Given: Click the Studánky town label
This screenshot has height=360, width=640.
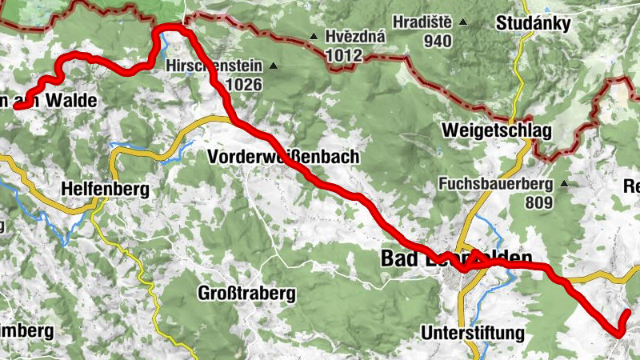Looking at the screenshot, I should coord(533,23).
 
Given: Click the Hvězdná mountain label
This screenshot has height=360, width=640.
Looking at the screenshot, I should coord(355,37).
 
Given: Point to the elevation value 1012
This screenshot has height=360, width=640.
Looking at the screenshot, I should coord(344,55).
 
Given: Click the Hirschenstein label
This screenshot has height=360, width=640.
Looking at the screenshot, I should coord(214,65).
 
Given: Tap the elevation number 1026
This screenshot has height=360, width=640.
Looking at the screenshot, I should coord(244,83).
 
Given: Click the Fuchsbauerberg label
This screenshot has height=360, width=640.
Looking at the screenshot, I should coord(496,184).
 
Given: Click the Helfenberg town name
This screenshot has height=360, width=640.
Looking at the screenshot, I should coord(105,190).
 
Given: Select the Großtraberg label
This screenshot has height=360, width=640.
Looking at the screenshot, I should coord(246,294).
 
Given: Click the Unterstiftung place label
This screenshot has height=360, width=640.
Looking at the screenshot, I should coord(472,332).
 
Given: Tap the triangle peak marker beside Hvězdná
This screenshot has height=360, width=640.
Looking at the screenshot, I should coord(314,37).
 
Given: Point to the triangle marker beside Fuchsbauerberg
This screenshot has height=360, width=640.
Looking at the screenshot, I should coord(563,184).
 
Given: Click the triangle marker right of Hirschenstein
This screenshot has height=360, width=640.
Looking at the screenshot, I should coord(274,66).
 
